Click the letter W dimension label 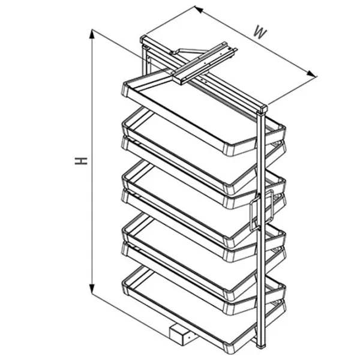(x=260, y=33)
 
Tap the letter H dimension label (x=81, y=161)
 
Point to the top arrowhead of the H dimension (x=92, y=34)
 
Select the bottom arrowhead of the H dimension (x=92, y=289)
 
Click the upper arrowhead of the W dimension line (x=199, y=10)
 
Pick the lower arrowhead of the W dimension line (x=311, y=73)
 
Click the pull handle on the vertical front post (x=261, y=210)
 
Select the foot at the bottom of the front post (x=262, y=346)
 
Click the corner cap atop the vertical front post (x=262, y=109)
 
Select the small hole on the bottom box (x=189, y=337)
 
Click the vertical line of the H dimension (x=92, y=161)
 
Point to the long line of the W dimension (x=256, y=41)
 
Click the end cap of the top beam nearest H (x=143, y=40)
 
